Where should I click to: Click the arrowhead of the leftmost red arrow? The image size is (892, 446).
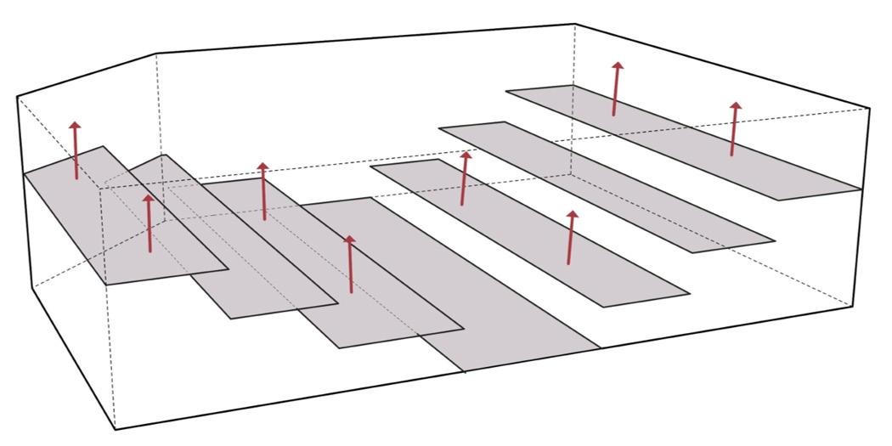point(76,126)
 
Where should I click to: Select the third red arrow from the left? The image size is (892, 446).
point(263,192)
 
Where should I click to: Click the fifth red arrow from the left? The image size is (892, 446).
point(464,178)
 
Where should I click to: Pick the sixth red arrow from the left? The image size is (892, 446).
point(571,238)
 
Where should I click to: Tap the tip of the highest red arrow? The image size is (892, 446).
point(618,64)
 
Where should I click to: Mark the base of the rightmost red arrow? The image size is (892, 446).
point(731,155)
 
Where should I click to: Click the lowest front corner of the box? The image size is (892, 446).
point(115,430)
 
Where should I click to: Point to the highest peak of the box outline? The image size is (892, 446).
point(575,24)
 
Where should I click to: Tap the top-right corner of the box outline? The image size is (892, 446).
point(869,109)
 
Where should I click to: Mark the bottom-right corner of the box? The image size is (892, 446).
point(853,306)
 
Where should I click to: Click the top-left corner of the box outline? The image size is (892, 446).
point(18,97)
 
